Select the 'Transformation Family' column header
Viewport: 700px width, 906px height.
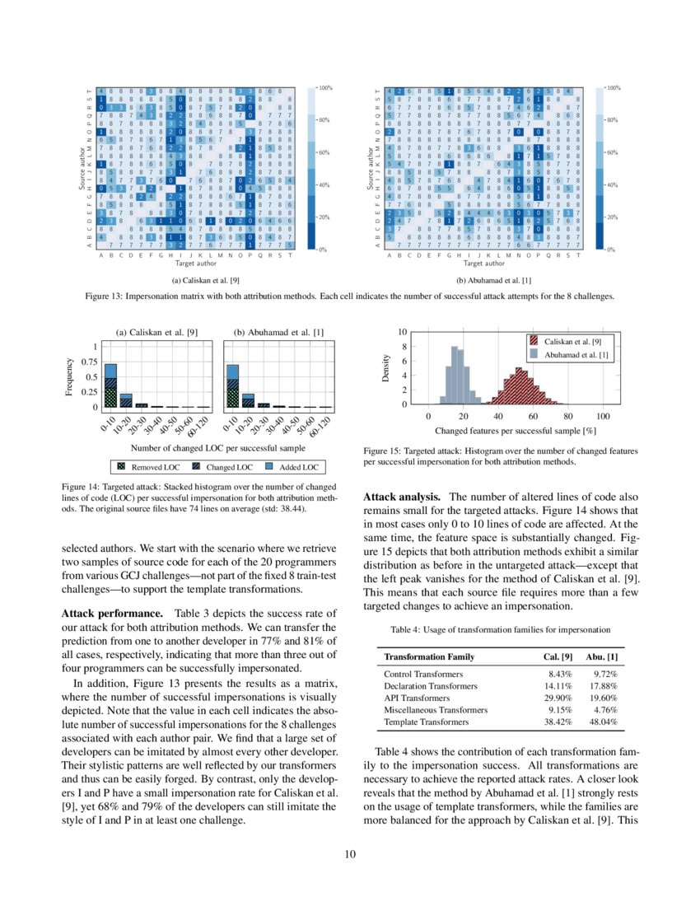click(x=429, y=656)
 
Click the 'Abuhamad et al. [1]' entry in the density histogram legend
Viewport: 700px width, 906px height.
click(x=576, y=354)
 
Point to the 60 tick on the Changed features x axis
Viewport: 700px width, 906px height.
click(x=533, y=417)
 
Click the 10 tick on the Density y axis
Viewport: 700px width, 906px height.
click(x=403, y=332)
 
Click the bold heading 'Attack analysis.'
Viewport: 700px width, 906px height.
click(x=402, y=497)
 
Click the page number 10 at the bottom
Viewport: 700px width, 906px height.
click(x=349, y=854)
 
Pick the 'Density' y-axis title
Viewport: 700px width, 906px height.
click(x=385, y=367)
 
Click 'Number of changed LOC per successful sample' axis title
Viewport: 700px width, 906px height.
click(x=218, y=448)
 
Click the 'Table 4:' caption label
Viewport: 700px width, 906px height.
click(x=405, y=630)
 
